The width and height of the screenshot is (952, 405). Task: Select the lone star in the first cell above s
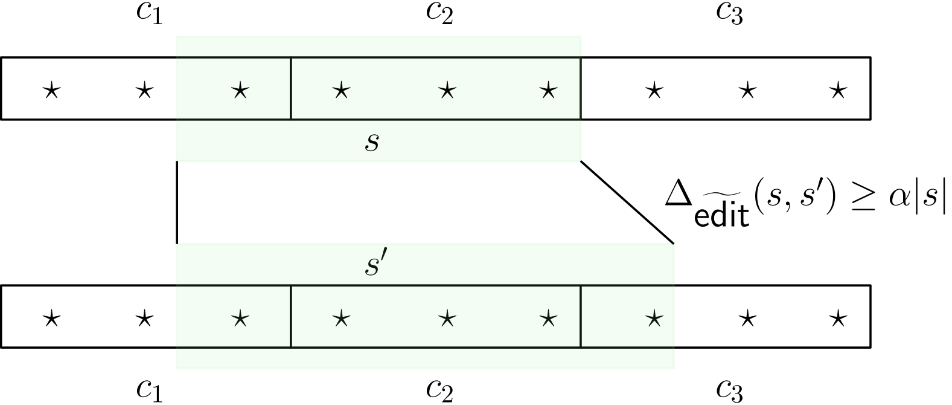click(x=240, y=91)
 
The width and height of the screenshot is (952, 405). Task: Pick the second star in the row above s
click(x=341, y=91)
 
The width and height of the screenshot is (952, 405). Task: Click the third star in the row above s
click(x=447, y=91)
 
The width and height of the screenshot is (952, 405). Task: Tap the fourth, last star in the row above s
click(x=548, y=91)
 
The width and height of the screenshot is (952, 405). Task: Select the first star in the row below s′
click(x=240, y=318)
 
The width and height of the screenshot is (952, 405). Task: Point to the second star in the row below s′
click(x=341, y=318)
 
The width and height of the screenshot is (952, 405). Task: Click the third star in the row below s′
click(x=447, y=318)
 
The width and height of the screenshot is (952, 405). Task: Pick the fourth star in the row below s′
click(x=548, y=318)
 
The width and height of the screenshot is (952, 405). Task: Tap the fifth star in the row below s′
click(x=654, y=318)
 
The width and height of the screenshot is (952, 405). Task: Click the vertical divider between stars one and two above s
click(x=291, y=89)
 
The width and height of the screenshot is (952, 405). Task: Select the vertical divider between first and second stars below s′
click(x=291, y=317)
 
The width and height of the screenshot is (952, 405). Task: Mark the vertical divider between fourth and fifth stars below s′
click(x=581, y=317)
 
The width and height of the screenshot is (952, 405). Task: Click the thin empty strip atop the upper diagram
click(x=379, y=46)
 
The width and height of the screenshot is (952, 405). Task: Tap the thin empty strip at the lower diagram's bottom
click(x=425, y=359)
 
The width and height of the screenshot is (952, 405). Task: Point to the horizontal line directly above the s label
click(x=379, y=120)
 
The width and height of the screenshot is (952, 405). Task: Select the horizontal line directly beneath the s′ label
click(x=425, y=285)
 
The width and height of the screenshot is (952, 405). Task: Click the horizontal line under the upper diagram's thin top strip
click(x=379, y=57)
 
